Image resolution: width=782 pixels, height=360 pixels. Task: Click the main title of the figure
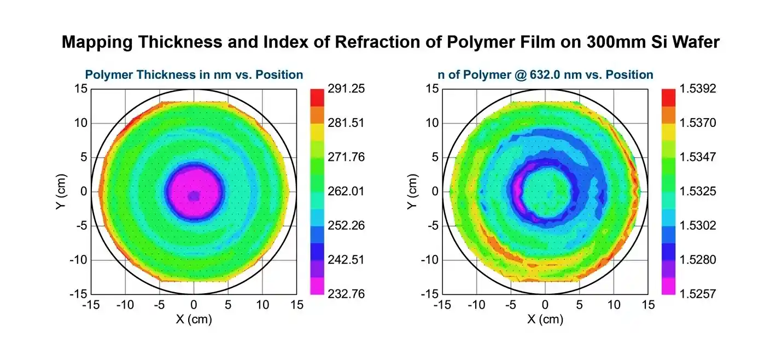tap(390, 42)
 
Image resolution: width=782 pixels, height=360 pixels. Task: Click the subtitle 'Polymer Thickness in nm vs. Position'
tap(194, 74)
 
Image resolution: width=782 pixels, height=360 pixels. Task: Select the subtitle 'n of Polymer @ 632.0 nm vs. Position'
tap(545, 74)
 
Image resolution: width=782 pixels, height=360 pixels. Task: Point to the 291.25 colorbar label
tap(346, 89)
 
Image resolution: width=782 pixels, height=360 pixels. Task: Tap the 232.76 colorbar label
tap(346, 294)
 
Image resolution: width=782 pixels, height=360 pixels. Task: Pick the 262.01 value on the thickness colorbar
tap(346, 191)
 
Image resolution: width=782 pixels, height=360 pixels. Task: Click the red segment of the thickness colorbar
tap(317, 97)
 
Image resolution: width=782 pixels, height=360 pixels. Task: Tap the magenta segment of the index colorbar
tap(669, 286)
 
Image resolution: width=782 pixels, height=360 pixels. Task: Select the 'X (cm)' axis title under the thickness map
tap(194, 320)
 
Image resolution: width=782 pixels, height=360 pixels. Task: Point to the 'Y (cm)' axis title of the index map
tap(413, 191)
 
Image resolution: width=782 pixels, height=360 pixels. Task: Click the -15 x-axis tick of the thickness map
tap(91, 305)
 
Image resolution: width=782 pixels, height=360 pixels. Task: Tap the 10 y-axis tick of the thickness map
tap(79, 123)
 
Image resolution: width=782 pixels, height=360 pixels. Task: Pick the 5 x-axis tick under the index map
tap(579, 305)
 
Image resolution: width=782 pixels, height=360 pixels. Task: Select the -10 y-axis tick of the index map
tap(428, 260)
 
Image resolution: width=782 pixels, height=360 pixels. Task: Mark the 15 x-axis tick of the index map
tap(648, 305)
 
